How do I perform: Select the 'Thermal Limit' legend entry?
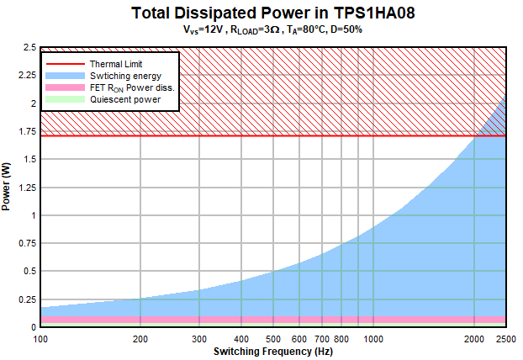coord(116,64)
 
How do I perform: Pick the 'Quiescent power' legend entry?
coord(124,99)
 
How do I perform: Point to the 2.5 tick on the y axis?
coord(28,48)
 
